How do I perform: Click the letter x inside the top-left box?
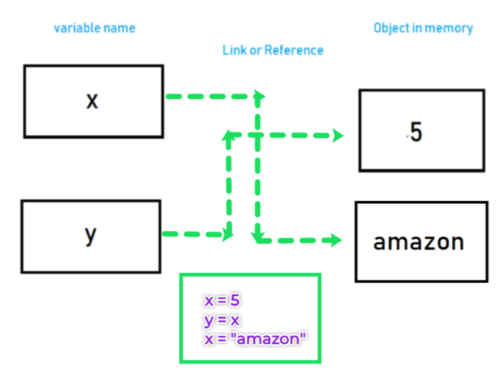click(91, 101)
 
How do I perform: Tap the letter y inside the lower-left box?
click(91, 234)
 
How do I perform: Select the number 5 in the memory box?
click(416, 133)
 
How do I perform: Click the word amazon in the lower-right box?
click(419, 242)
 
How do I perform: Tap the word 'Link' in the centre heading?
click(235, 50)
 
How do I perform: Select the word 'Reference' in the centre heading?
click(296, 50)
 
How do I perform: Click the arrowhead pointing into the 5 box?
click(337, 135)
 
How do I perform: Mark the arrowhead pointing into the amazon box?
click(335, 240)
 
